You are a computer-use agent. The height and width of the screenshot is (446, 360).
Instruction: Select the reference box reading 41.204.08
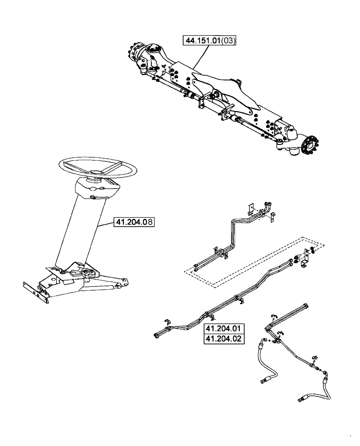134,222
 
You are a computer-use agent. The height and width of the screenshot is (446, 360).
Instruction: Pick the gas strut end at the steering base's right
120,282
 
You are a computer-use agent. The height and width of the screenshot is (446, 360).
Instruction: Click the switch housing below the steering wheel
95,190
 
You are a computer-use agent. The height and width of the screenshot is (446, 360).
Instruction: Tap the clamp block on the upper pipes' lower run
221,253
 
